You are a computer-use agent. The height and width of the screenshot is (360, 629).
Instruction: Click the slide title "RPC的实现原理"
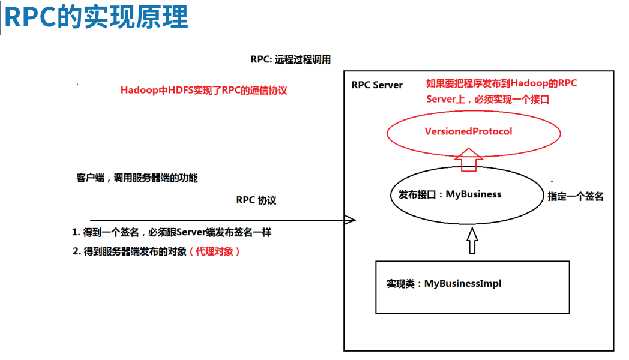coord(96,18)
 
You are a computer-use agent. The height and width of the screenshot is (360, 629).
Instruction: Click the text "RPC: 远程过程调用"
coord(290,60)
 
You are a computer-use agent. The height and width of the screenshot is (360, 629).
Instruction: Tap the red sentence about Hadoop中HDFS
coord(204,91)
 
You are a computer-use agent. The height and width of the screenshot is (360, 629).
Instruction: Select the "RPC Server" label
coord(377,85)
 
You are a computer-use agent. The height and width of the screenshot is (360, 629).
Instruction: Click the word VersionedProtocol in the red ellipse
coord(468,131)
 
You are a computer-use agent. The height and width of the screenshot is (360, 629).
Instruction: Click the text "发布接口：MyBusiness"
coord(450,194)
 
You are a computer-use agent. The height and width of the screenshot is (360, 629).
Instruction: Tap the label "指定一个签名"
coord(575,196)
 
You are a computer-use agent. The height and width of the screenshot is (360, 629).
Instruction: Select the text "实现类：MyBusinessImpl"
coord(444,284)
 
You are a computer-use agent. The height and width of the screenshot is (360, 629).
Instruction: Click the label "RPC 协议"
coord(256,200)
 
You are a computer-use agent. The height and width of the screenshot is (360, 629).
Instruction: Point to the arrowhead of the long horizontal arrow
coord(351,220)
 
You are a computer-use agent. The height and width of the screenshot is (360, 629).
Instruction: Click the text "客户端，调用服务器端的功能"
coord(137,178)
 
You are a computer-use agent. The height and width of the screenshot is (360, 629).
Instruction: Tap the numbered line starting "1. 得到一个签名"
coord(172,232)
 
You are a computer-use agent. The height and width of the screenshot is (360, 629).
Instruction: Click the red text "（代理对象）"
coord(215,252)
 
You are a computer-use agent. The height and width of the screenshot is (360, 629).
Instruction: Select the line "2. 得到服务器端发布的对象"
coord(130,252)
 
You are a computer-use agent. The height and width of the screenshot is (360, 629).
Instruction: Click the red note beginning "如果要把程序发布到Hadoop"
coord(501,83)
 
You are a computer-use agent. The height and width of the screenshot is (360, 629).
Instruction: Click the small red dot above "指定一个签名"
coord(552,181)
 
